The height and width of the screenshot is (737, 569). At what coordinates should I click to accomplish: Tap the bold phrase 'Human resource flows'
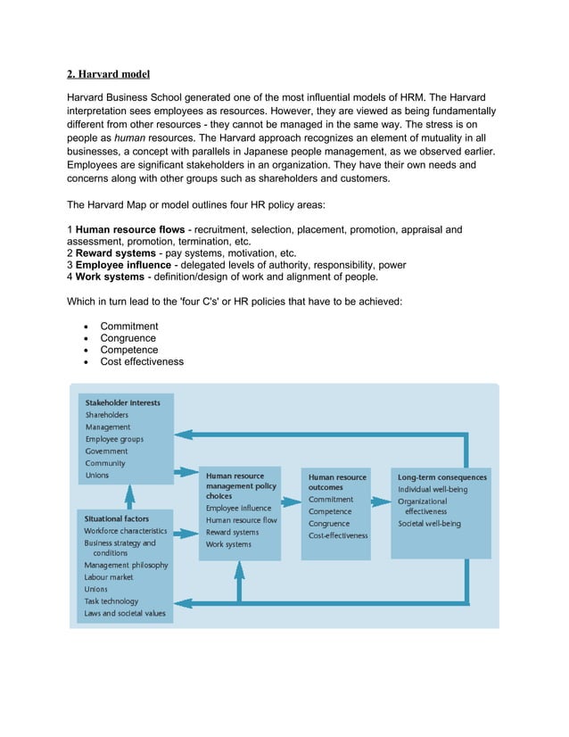[x=130, y=230]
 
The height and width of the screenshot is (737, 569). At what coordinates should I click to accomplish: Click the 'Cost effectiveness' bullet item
[x=142, y=361]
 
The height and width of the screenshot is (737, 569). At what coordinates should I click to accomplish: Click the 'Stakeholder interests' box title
[x=123, y=402]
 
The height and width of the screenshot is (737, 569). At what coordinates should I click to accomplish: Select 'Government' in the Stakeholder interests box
[x=107, y=451]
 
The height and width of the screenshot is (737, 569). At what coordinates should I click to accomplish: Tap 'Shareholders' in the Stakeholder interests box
[x=107, y=415]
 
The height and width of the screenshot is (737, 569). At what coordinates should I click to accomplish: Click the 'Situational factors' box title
[x=117, y=518]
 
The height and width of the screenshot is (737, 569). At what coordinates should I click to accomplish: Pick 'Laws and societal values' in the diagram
[x=125, y=613]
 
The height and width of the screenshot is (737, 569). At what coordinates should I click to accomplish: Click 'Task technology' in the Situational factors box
[x=111, y=601]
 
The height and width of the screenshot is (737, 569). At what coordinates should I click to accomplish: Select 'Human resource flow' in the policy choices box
[x=242, y=520]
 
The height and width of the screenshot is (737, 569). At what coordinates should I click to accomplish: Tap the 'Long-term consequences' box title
[x=442, y=477]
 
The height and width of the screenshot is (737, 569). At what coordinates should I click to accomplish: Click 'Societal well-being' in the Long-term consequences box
[x=430, y=524]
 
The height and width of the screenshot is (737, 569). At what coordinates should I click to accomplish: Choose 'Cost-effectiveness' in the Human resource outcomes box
[x=338, y=535]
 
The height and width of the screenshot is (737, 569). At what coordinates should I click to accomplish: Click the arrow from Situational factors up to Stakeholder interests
[x=129, y=495]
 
